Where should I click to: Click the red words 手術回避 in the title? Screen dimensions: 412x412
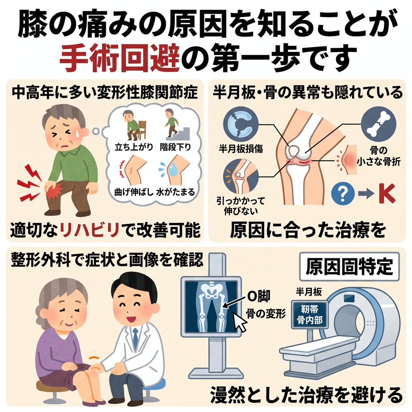(x=119, y=58)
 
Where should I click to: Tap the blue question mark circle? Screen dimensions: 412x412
(x=343, y=194)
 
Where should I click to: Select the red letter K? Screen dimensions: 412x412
(x=387, y=194)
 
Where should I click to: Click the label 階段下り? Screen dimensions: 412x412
(x=175, y=147)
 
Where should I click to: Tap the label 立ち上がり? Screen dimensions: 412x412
(x=134, y=147)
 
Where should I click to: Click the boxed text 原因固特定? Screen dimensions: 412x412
(x=349, y=266)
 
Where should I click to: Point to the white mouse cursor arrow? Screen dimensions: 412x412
(x=240, y=321)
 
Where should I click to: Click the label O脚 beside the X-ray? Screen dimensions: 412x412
(x=259, y=297)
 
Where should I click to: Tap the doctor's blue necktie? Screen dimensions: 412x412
(x=135, y=339)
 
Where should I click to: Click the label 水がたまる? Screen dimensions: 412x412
(x=175, y=192)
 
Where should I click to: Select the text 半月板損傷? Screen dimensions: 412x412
(x=241, y=149)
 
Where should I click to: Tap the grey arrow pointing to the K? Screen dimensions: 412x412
(x=366, y=194)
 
